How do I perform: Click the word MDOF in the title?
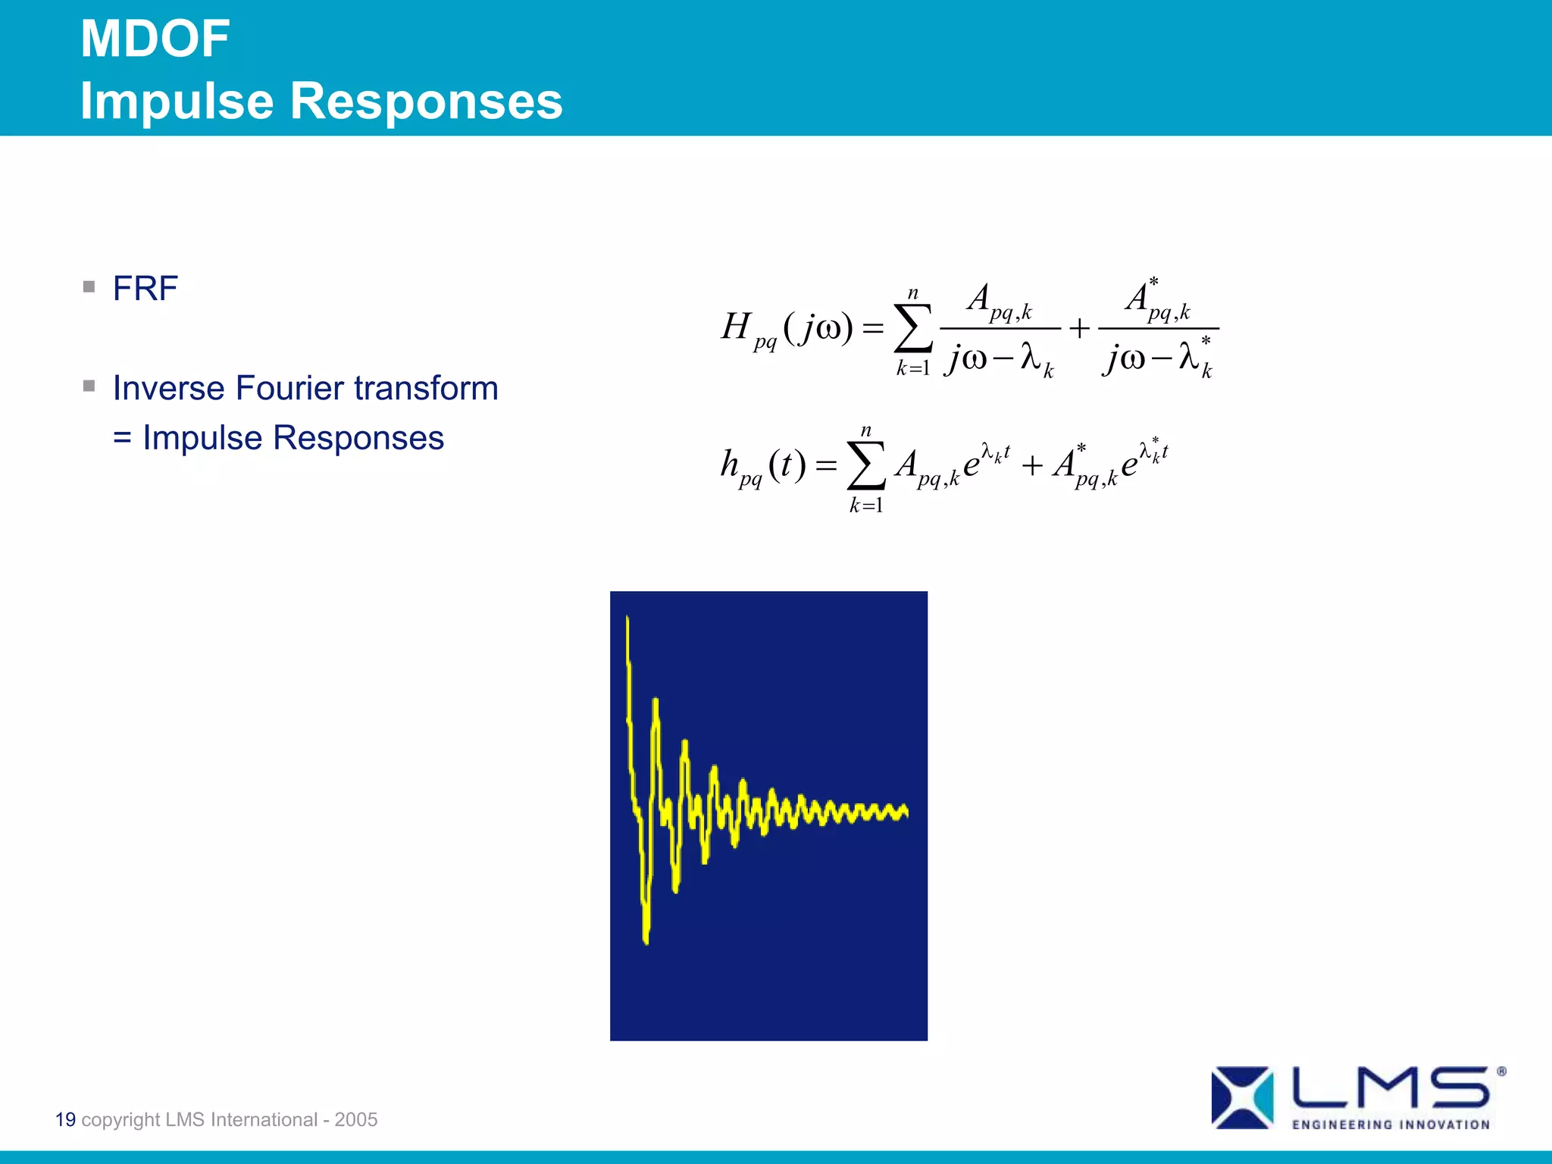[155, 39]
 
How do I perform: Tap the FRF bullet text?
[145, 289]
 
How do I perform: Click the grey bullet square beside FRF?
[89, 287]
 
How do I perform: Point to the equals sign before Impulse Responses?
[122, 439]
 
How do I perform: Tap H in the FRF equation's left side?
[735, 327]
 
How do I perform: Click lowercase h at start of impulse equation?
[729, 463]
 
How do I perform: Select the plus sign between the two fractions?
[1079, 329]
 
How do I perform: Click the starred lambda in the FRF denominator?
[1193, 356]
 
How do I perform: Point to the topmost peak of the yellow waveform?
[627, 620]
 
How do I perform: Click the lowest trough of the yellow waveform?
[646, 940]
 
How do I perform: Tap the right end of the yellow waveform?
[906, 812]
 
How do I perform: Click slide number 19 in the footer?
[65, 1119]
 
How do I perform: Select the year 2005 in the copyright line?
[356, 1119]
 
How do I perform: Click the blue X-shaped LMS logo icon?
[1241, 1097]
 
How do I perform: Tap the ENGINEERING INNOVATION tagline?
[1391, 1125]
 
